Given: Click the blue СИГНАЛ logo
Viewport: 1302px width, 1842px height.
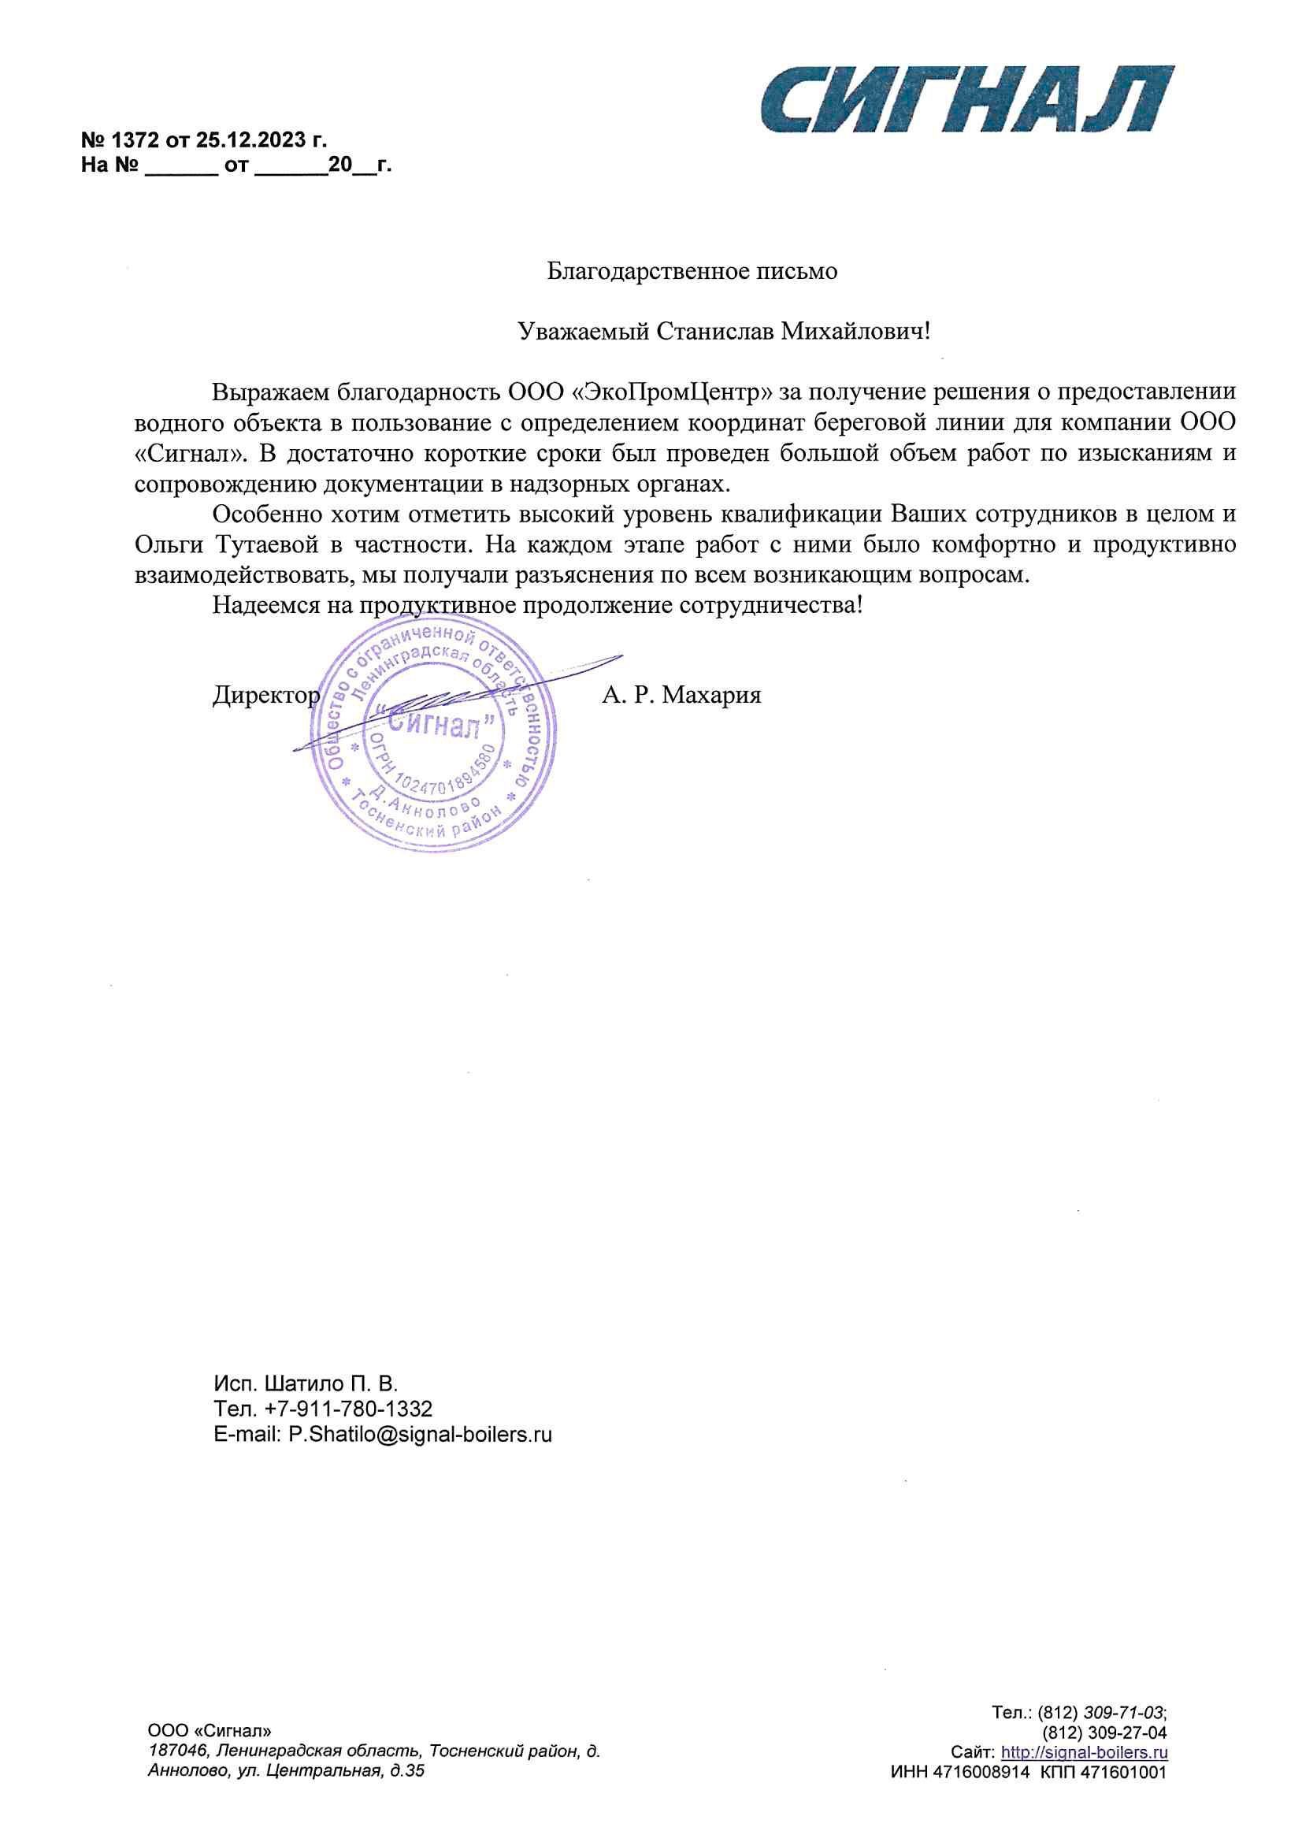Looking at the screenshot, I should (966, 99).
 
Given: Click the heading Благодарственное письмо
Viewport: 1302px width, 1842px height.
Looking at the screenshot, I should (692, 271).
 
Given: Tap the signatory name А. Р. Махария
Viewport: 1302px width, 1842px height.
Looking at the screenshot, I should (681, 695).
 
